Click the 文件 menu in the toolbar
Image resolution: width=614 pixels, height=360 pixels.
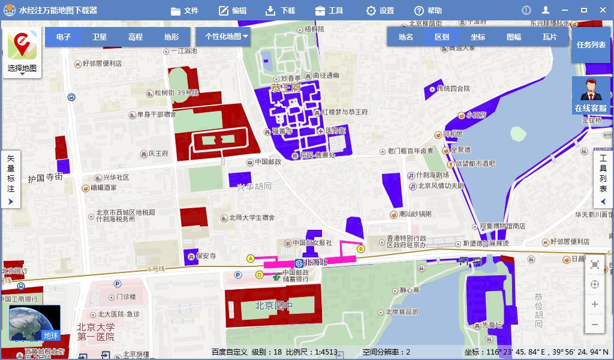(185, 10)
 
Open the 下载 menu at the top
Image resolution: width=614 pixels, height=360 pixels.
(280, 10)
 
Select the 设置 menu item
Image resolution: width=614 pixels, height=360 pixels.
(380, 10)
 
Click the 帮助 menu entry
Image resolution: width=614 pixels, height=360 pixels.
(428, 10)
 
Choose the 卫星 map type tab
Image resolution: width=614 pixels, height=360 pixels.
(100, 37)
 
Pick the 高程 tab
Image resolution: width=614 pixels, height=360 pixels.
(136, 37)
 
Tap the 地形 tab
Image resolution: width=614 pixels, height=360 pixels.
(171, 37)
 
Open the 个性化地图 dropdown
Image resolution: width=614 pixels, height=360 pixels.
(227, 36)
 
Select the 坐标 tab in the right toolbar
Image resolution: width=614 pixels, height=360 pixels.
(478, 37)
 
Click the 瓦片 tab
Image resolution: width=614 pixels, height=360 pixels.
(550, 37)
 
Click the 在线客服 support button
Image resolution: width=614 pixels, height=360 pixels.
(591, 96)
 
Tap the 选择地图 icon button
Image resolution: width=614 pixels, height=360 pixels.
(22, 52)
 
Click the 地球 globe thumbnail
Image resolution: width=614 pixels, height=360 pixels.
(35, 323)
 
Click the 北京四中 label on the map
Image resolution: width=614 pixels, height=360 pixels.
(273, 305)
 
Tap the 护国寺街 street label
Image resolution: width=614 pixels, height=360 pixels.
(45, 178)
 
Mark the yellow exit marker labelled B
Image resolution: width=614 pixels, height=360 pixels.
(361, 248)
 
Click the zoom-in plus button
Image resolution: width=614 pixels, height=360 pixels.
(595, 304)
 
